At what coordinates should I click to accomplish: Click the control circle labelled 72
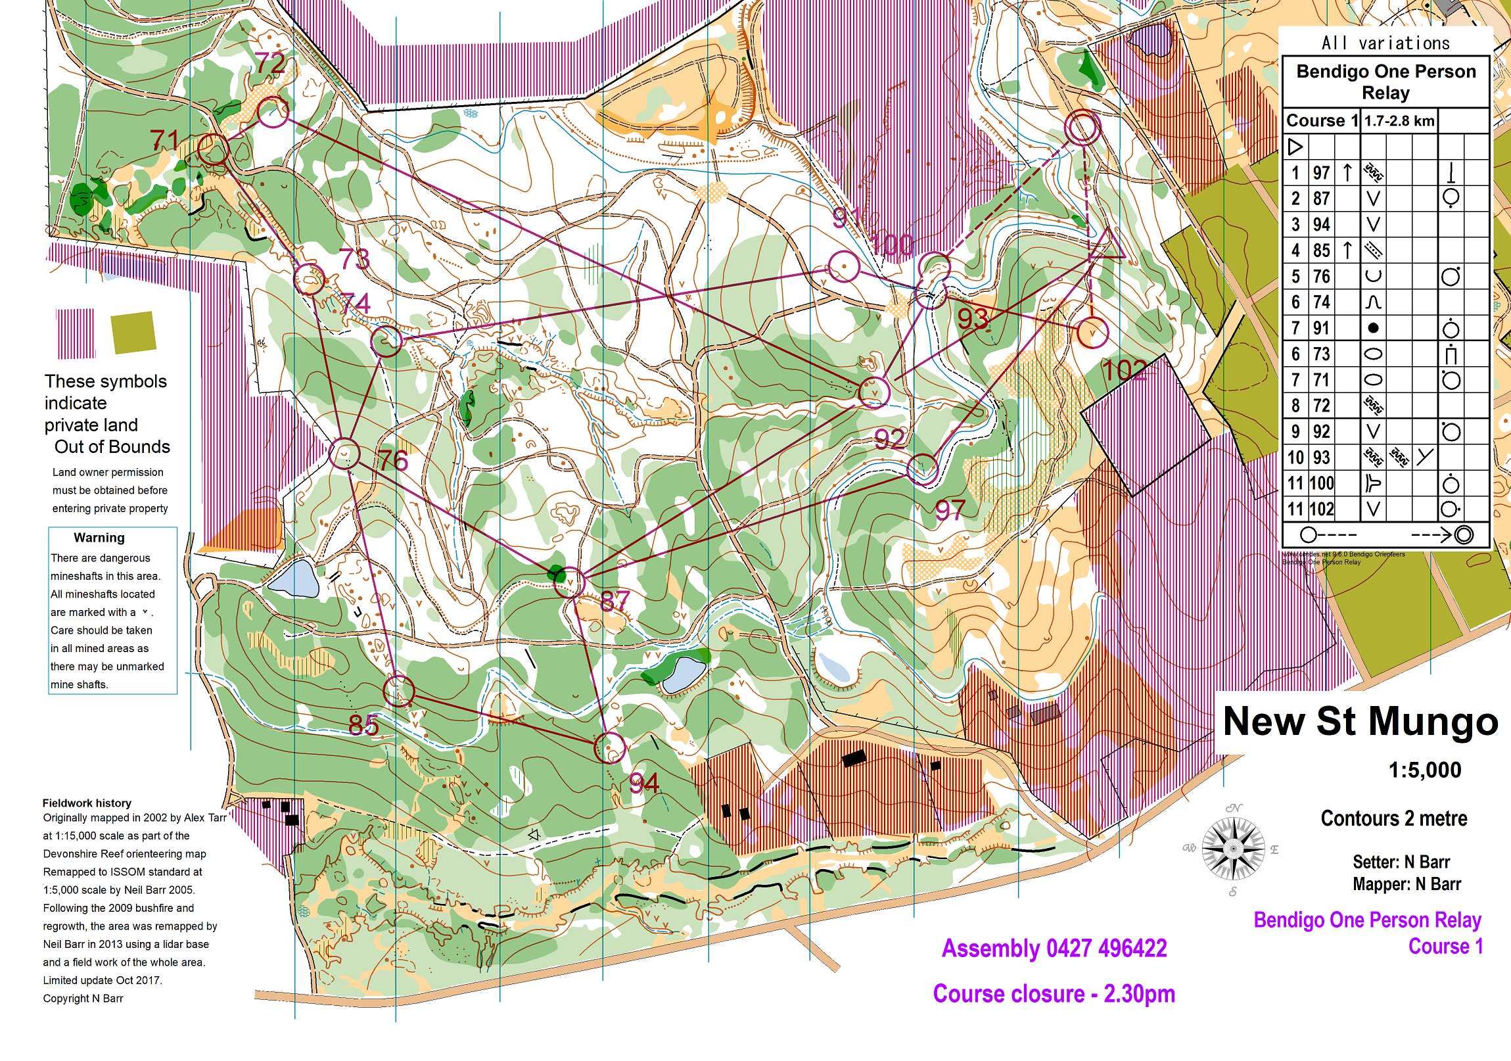(x=272, y=112)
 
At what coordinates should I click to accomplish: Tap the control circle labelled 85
(x=399, y=691)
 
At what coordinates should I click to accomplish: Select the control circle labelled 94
(x=610, y=747)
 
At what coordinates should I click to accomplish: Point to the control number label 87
(x=615, y=600)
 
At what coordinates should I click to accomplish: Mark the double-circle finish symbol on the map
(x=1082, y=128)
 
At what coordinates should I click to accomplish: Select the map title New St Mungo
(x=1360, y=721)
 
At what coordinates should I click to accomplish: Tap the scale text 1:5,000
(x=1424, y=770)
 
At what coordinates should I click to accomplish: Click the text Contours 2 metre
(x=1393, y=818)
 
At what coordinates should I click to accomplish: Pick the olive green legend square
(x=134, y=333)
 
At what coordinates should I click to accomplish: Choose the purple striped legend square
(x=76, y=334)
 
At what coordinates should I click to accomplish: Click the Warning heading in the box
(x=99, y=538)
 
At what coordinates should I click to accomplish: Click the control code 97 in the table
(x=1321, y=173)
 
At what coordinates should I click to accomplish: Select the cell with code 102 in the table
(x=1322, y=509)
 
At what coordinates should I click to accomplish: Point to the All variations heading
(x=1385, y=44)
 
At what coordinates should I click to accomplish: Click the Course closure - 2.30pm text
(x=1054, y=994)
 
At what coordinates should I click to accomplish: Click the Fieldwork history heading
(x=87, y=803)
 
